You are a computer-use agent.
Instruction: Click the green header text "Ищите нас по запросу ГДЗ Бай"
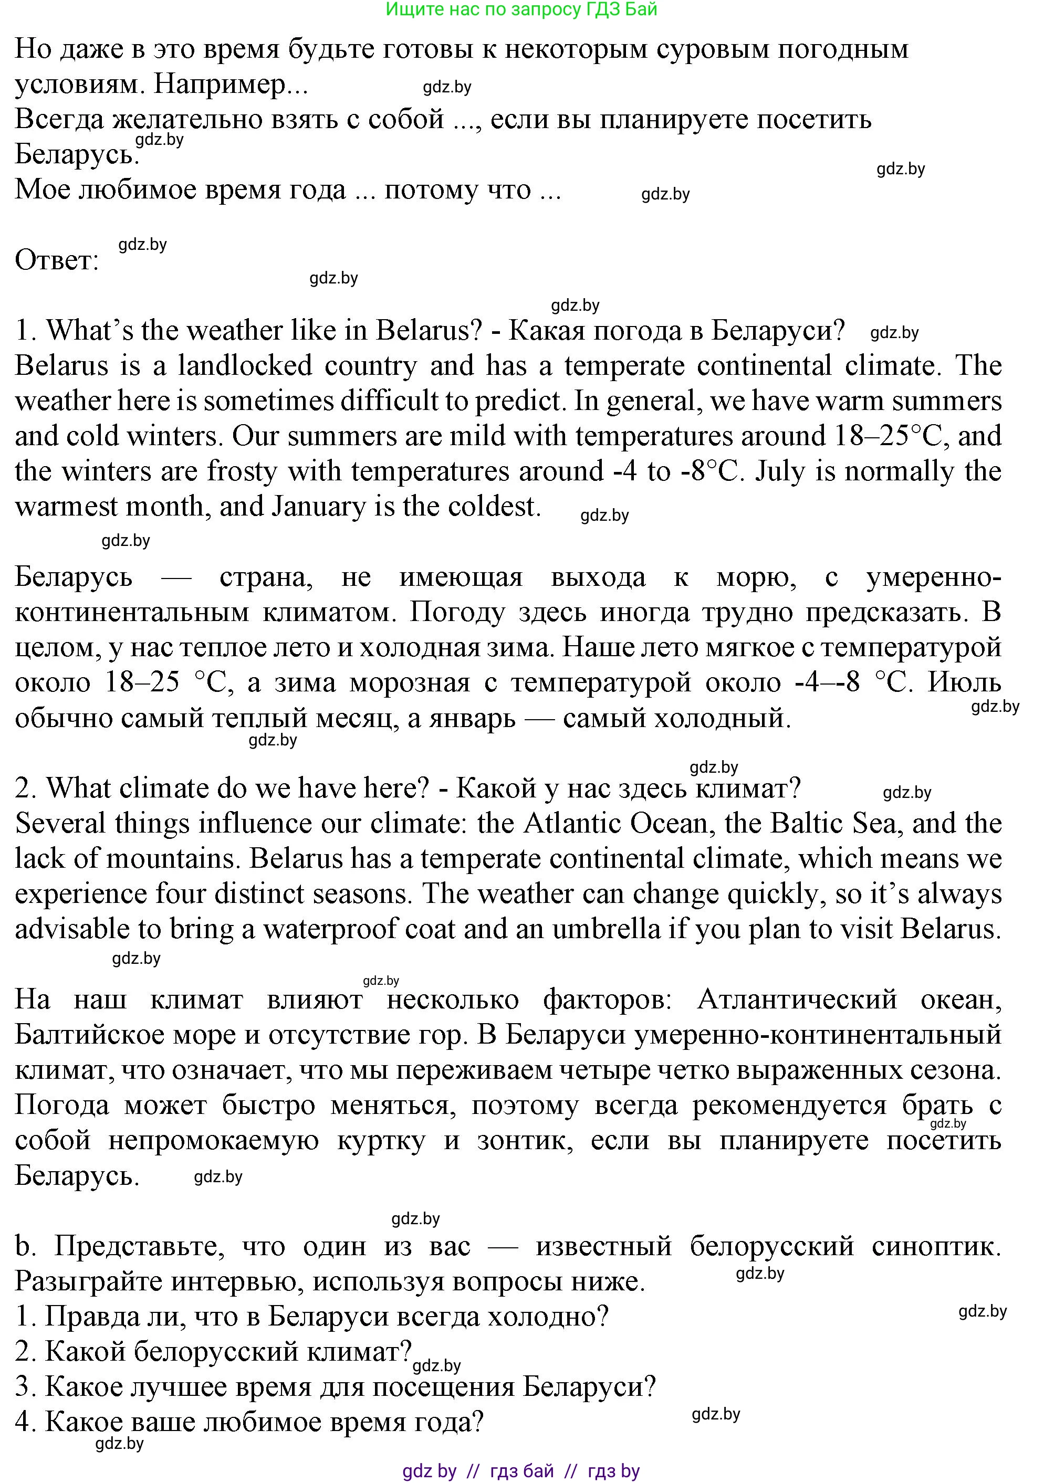521,9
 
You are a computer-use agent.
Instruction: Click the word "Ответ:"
57,260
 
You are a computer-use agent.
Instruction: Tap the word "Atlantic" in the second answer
570,824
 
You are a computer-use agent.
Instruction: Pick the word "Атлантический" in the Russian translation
797,1000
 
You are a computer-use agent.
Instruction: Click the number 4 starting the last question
22,1422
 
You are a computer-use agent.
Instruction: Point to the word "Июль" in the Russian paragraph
964,683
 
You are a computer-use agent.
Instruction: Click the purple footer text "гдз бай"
522,1471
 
